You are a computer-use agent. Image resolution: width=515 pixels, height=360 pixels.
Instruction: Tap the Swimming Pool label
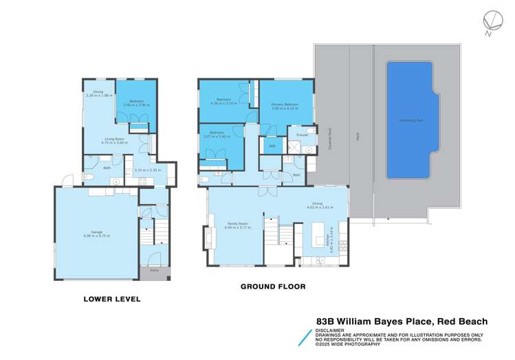click(x=410, y=120)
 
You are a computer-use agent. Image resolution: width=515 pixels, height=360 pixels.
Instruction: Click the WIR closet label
click(x=272, y=146)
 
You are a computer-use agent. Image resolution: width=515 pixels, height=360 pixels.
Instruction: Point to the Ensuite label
click(x=301, y=135)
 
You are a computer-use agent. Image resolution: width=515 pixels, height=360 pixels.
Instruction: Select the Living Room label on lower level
click(x=113, y=139)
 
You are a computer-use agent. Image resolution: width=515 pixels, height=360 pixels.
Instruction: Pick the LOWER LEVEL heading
click(x=111, y=299)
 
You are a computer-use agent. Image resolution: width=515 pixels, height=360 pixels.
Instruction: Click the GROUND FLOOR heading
click(x=272, y=286)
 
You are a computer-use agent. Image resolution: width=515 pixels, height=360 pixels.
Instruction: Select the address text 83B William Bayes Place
click(x=373, y=321)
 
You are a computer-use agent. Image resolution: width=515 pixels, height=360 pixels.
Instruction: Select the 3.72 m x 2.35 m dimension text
click(x=147, y=170)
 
